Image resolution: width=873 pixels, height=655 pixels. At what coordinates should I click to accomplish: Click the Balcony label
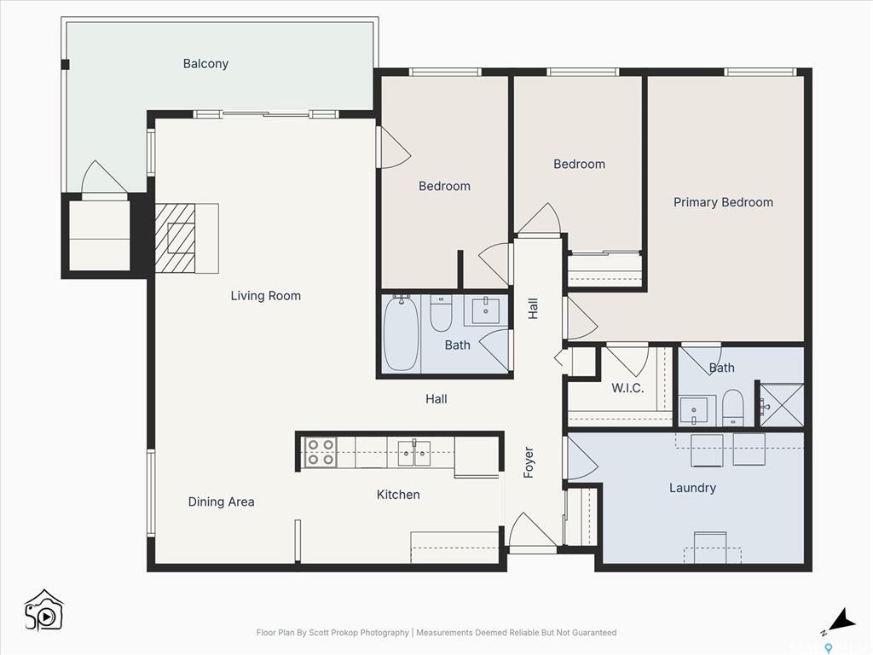[x=205, y=64]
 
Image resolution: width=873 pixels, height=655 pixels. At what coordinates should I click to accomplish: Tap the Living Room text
[x=265, y=296]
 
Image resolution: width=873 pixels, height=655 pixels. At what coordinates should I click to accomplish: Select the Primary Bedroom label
[x=723, y=202]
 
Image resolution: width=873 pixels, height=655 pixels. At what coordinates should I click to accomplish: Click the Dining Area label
[x=221, y=501]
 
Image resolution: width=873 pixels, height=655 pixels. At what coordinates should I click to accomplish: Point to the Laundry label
[x=692, y=488]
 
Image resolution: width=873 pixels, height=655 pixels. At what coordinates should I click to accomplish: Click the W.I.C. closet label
[x=627, y=388]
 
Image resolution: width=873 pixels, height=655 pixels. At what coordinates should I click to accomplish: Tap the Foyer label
[x=529, y=462]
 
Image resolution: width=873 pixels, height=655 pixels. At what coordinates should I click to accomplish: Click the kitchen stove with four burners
[x=320, y=452]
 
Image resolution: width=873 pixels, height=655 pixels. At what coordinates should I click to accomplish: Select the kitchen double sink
[x=414, y=453]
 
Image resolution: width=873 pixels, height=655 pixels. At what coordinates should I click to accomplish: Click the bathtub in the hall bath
[x=400, y=333]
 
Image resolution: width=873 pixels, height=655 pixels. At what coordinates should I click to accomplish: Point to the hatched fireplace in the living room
[x=176, y=238]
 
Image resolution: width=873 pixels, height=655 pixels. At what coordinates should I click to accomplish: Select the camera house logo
[x=43, y=610]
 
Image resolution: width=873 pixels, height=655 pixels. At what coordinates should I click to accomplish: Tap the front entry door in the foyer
[x=532, y=532]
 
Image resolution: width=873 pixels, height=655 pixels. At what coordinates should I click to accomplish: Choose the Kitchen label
[x=398, y=495]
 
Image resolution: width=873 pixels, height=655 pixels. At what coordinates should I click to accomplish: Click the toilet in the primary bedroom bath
[x=733, y=408]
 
